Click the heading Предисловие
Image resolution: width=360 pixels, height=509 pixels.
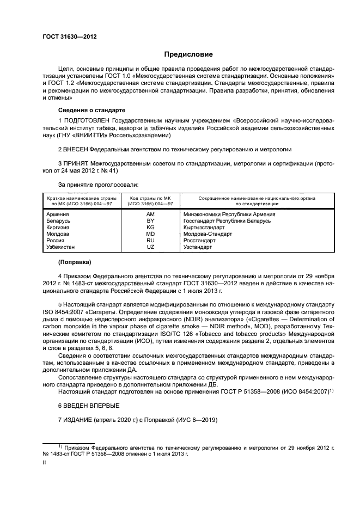[x=189, y=54]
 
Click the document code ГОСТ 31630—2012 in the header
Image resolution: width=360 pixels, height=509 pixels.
[x=69, y=36]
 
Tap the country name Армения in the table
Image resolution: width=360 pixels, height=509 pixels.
[x=58, y=214]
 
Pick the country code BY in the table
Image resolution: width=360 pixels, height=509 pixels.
[x=150, y=221]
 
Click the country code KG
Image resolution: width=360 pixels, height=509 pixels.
[x=150, y=228]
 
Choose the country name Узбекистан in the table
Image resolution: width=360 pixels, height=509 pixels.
[x=61, y=247]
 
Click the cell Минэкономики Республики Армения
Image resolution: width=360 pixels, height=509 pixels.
[x=229, y=214]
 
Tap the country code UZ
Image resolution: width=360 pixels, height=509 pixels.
[x=150, y=247]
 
